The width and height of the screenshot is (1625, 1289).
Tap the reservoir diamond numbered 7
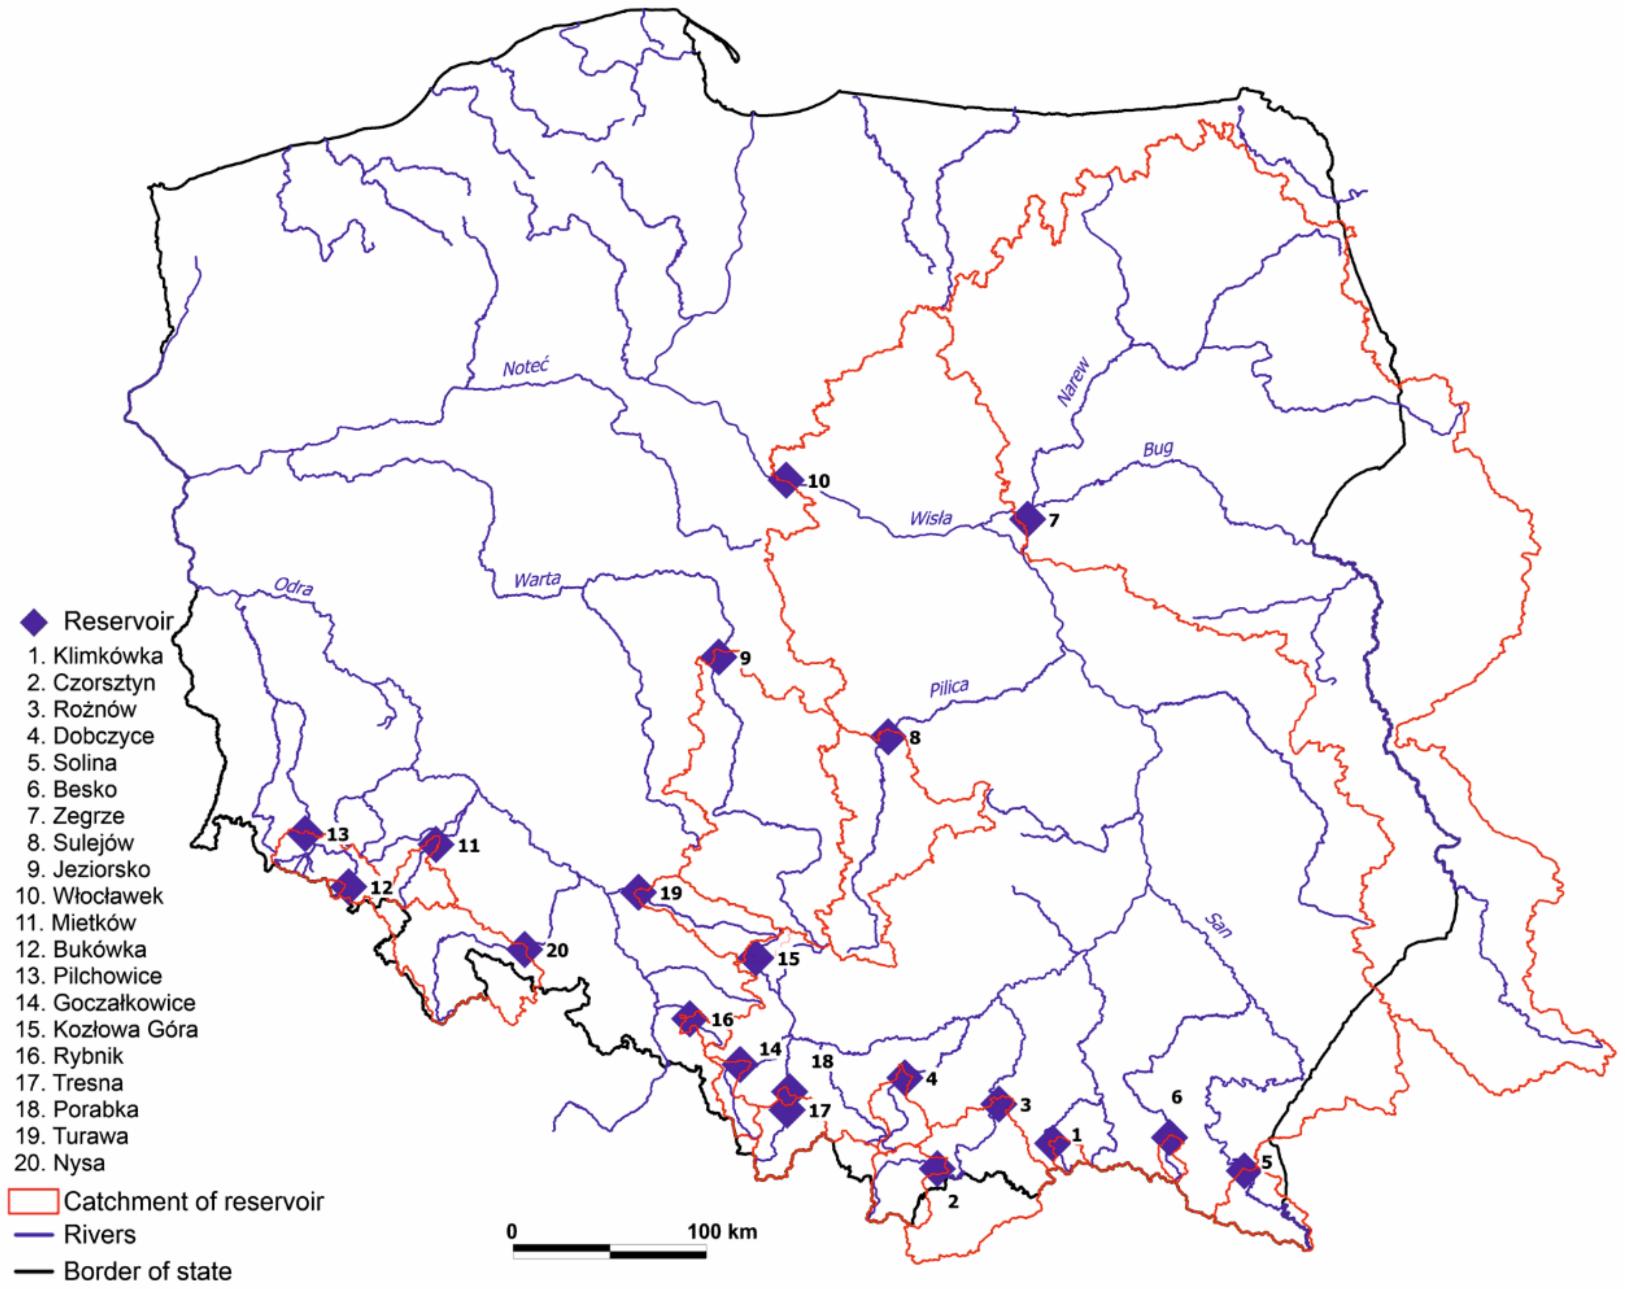(x=1027, y=518)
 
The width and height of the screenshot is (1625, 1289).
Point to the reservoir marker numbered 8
(x=889, y=737)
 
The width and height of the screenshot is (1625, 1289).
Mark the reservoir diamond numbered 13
(x=305, y=833)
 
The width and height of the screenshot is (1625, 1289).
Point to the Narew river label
(x=1073, y=382)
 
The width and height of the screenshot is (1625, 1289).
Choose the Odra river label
(x=293, y=586)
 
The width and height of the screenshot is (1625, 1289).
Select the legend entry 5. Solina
(x=72, y=762)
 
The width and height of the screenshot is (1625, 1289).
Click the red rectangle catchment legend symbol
(x=33, y=1202)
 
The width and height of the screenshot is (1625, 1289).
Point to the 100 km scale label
(x=721, y=1232)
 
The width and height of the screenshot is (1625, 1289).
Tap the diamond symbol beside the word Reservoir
(x=34, y=622)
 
